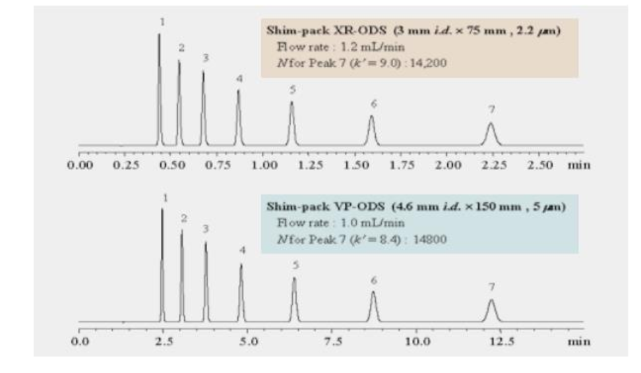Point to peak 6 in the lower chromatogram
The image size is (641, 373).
point(373,306)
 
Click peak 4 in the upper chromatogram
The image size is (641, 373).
point(239,115)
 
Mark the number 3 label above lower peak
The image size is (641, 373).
point(206,229)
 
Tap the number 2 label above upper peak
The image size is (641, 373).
point(181,47)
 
